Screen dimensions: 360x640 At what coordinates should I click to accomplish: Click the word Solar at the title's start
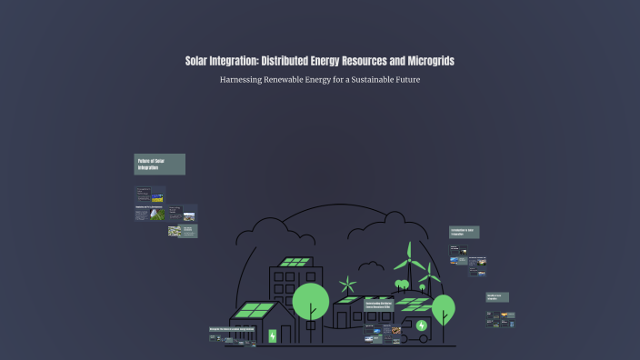[x=201, y=61]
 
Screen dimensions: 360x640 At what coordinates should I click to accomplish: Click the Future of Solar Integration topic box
[x=160, y=165]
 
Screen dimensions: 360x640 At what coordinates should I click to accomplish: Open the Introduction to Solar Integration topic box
[x=464, y=233]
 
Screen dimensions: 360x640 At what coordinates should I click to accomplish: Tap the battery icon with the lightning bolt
[x=272, y=335]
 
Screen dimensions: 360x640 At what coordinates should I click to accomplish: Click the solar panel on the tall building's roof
[x=295, y=262]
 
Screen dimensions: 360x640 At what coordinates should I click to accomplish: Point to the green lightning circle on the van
[x=421, y=325]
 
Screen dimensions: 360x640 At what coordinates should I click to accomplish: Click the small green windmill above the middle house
[x=346, y=285]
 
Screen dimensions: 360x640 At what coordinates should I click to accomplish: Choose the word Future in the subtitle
[x=406, y=80]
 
